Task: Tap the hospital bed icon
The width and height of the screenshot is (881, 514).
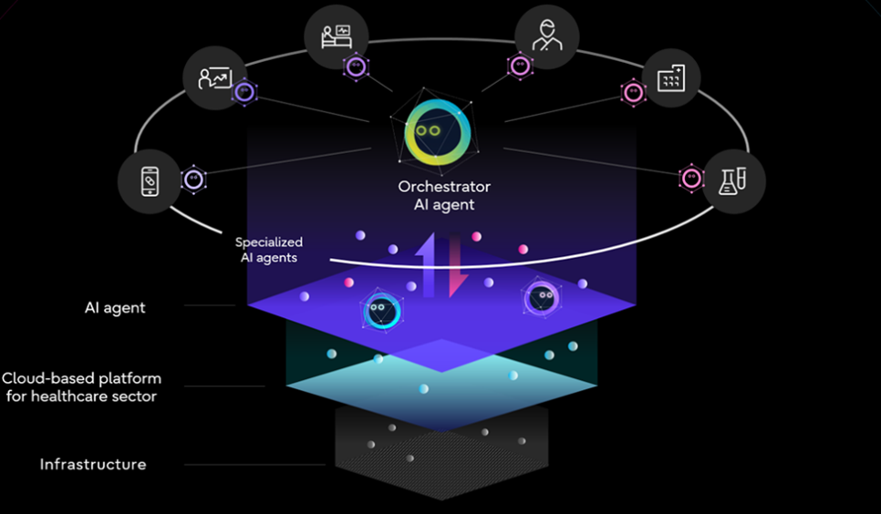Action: (337, 36)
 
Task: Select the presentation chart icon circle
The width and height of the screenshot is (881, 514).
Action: (215, 77)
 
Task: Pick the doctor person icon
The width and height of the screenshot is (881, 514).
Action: (546, 36)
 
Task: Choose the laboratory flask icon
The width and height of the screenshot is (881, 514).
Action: (733, 180)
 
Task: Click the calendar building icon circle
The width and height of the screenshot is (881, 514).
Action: (670, 77)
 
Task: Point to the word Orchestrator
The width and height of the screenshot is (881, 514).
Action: (444, 187)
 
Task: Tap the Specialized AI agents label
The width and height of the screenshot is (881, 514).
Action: (268, 250)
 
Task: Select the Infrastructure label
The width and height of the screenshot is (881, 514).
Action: (92, 465)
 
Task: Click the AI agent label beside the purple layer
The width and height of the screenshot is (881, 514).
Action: (115, 307)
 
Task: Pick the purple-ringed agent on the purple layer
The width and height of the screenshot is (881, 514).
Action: (541, 296)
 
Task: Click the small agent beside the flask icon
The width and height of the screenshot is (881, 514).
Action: (691, 179)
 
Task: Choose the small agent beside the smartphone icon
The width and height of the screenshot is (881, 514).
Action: (193, 180)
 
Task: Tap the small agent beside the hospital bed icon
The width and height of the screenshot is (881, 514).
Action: (355, 66)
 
